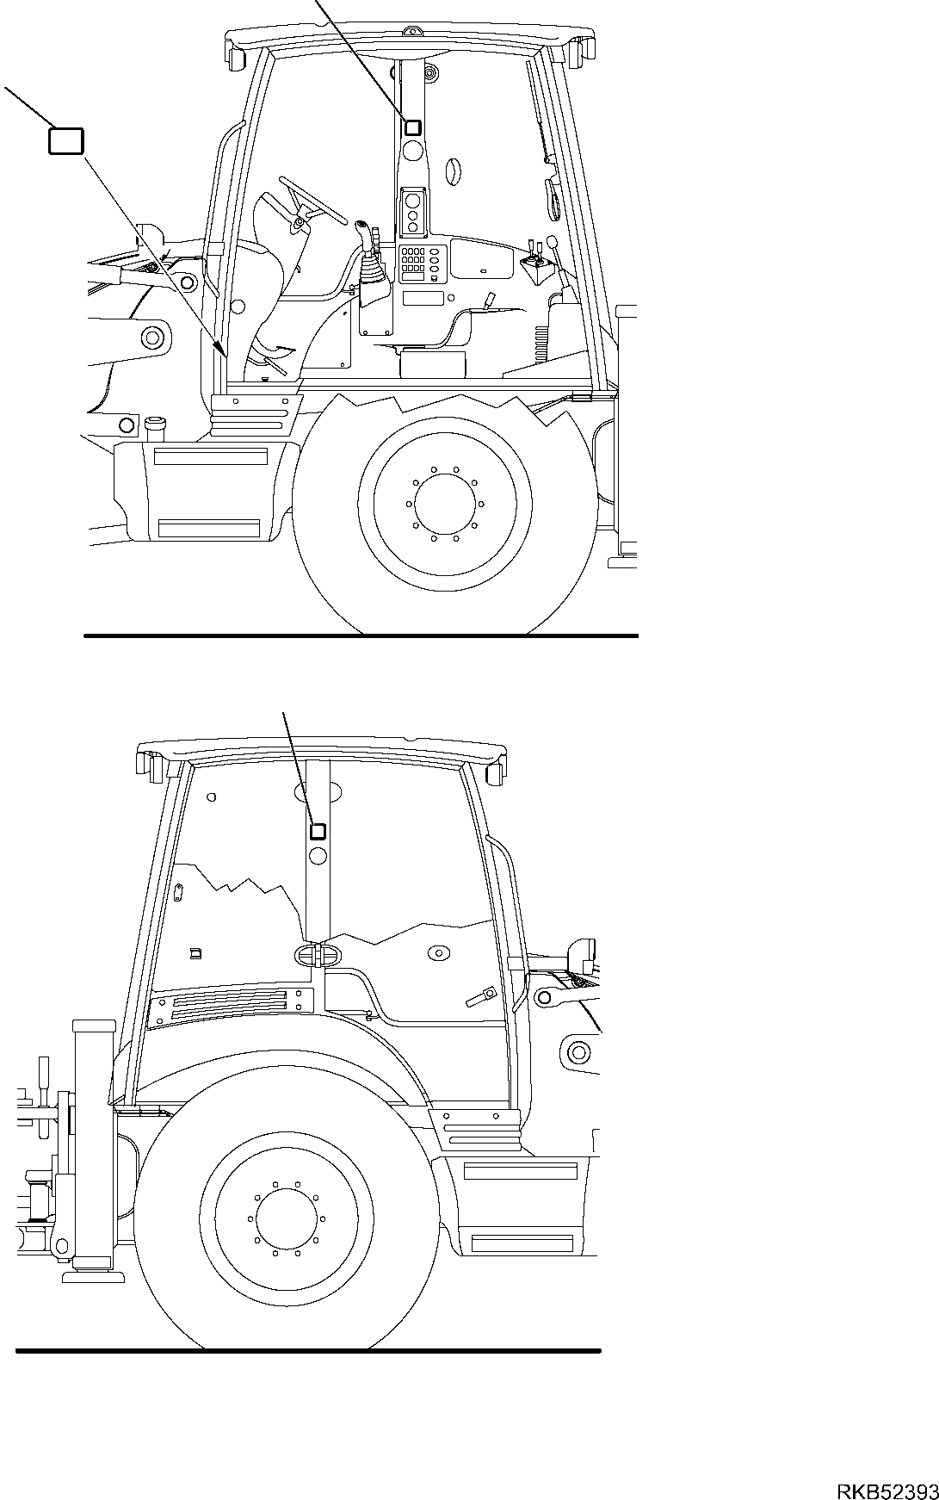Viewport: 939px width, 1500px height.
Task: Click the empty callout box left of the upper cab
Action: point(66,141)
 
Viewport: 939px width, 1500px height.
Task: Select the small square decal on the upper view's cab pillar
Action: point(412,127)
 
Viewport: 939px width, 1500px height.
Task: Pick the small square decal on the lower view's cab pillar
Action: point(318,831)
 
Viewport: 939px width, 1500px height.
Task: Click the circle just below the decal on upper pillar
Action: point(413,152)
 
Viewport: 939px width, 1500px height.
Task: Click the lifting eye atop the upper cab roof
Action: point(414,34)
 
